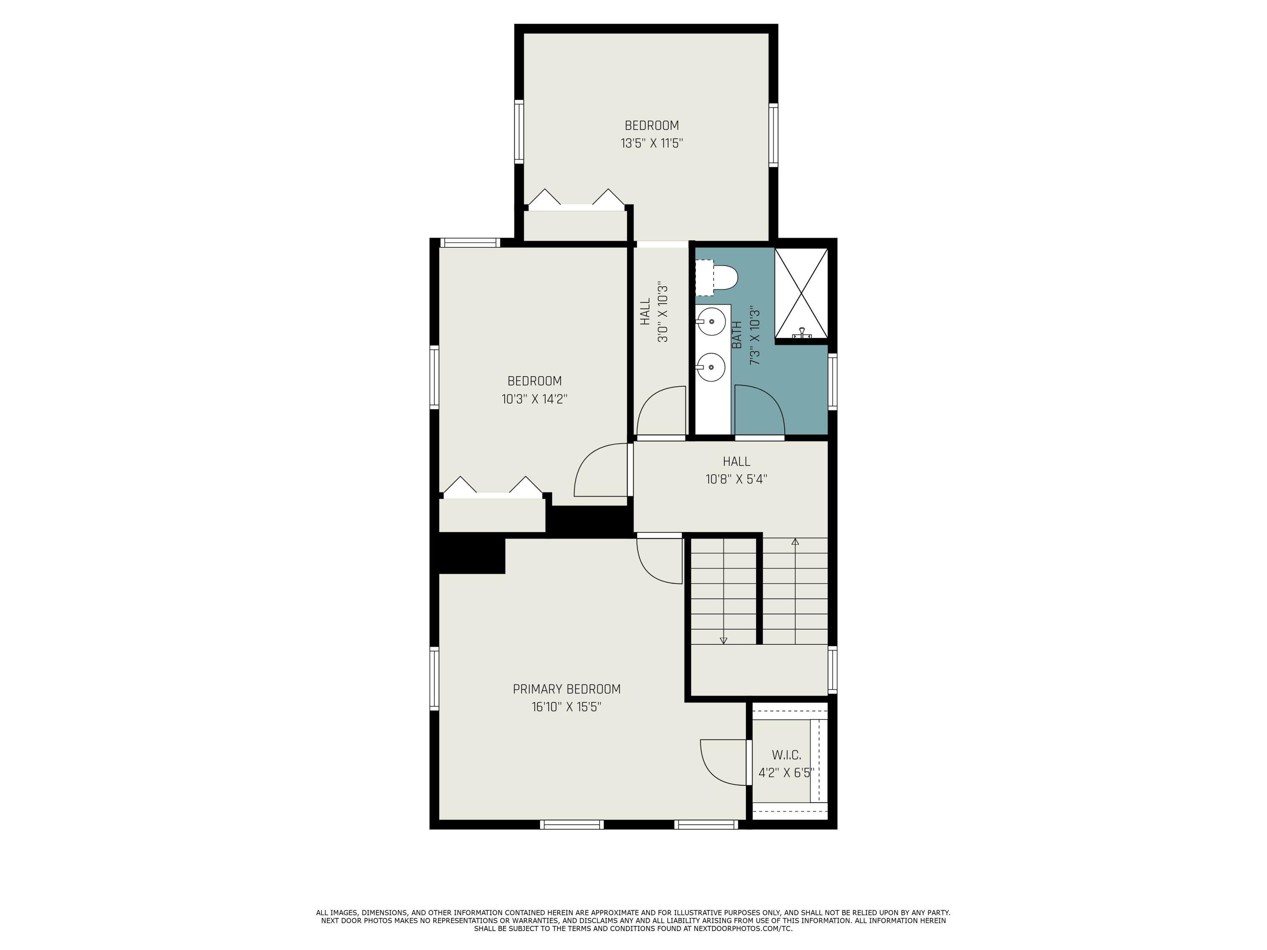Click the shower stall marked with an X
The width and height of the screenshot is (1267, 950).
click(x=801, y=293)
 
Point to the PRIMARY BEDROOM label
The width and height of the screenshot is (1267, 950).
click(x=566, y=689)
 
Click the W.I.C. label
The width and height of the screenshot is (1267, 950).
click(x=786, y=755)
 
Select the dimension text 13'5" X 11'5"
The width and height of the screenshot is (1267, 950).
click(x=652, y=143)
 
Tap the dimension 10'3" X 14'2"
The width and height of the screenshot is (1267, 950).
click(x=534, y=399)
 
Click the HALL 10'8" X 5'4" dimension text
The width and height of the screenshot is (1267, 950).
click(x=736, y=479)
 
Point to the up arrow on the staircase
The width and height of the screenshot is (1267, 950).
click(x=795, y=542)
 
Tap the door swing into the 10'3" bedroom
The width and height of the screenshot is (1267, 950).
click(x=600, y=471)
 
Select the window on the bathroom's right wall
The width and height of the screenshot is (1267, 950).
click(x=832, y=381)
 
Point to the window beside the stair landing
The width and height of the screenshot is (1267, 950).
click(x=832, y=670)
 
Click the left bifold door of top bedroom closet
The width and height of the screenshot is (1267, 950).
click(x=544, y=198)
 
